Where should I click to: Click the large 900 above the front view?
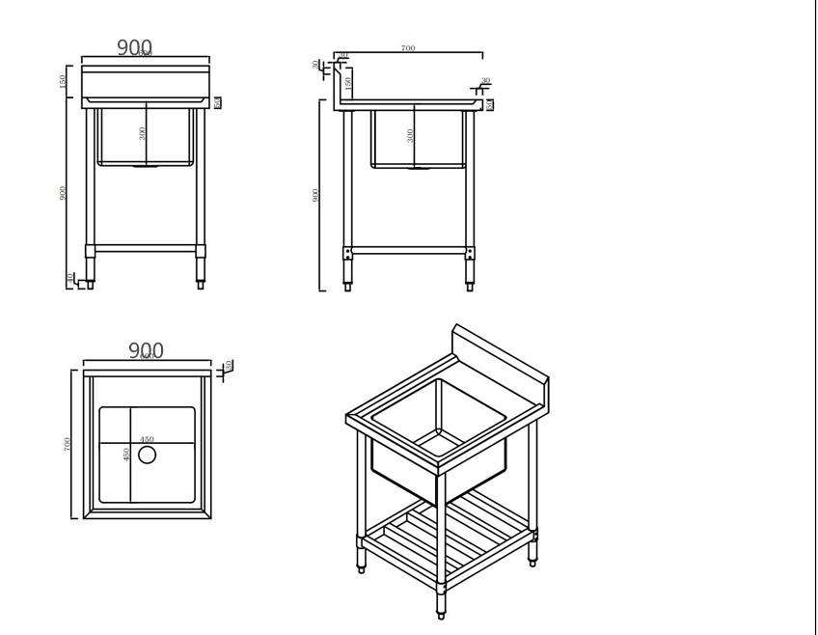(x=134, y=47)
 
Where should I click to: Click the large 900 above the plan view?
(x=146, y=350)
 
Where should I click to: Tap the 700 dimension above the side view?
(x=408, y=48)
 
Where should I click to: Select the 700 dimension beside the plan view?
(x=68, y=444)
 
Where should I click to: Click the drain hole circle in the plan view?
(x=147, y=455)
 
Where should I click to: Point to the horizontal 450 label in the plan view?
(x=147, y=440)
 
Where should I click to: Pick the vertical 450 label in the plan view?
(x=127, y=454)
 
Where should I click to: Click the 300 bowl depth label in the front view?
(x=143, y=133)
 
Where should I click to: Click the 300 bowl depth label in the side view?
(x=411, y=135)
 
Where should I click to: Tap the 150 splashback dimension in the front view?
(x=64, y=81)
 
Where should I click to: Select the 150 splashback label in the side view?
(x=348, y=83)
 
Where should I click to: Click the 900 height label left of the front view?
(x=64, y=193)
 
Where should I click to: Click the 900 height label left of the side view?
(x=316, y=195)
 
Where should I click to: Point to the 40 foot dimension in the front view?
(x=69, y=278)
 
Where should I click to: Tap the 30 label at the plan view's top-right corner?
(x=228, y=366)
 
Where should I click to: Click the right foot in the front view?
(x=201, y=285)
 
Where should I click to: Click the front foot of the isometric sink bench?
(x=441, y=610)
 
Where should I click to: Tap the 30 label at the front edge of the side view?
(x=485, y=81)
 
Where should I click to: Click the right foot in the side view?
(x=470, y=286)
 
